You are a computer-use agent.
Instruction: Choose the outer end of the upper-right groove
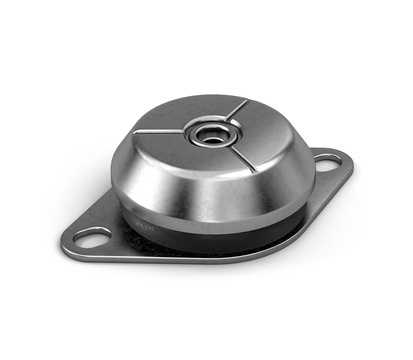tap(247, 101)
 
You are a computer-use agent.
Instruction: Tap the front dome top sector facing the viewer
tap(193, 155)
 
